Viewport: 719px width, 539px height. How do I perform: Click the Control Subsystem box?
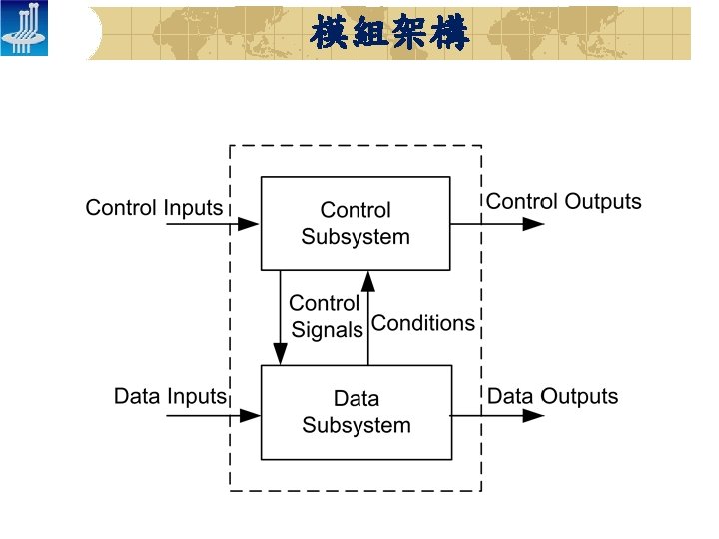(356, 224)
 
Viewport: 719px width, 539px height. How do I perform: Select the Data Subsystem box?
(356, 412)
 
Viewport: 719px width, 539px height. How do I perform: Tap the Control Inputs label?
(154, 208)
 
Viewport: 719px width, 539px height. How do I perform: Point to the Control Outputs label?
(563, 202)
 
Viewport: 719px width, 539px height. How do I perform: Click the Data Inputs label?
(170, 396)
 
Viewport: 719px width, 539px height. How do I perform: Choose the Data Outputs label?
(552, 396)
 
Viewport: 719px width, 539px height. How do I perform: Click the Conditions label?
(423, 323)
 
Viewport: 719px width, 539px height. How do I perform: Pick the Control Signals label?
(325, 316)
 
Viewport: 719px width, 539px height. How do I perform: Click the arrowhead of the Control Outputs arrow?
(534, 224)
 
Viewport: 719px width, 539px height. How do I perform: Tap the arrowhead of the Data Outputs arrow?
(534, 413)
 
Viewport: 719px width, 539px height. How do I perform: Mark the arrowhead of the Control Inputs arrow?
(250, 224)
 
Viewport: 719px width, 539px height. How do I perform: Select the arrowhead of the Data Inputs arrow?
(250, 413)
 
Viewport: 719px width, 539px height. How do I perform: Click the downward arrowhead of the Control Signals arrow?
(281, 355)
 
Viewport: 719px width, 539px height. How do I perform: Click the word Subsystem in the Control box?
(356, 237)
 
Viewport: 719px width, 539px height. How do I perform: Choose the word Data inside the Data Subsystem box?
(357, 399)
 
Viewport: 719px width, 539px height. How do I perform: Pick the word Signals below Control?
(327, 330)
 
